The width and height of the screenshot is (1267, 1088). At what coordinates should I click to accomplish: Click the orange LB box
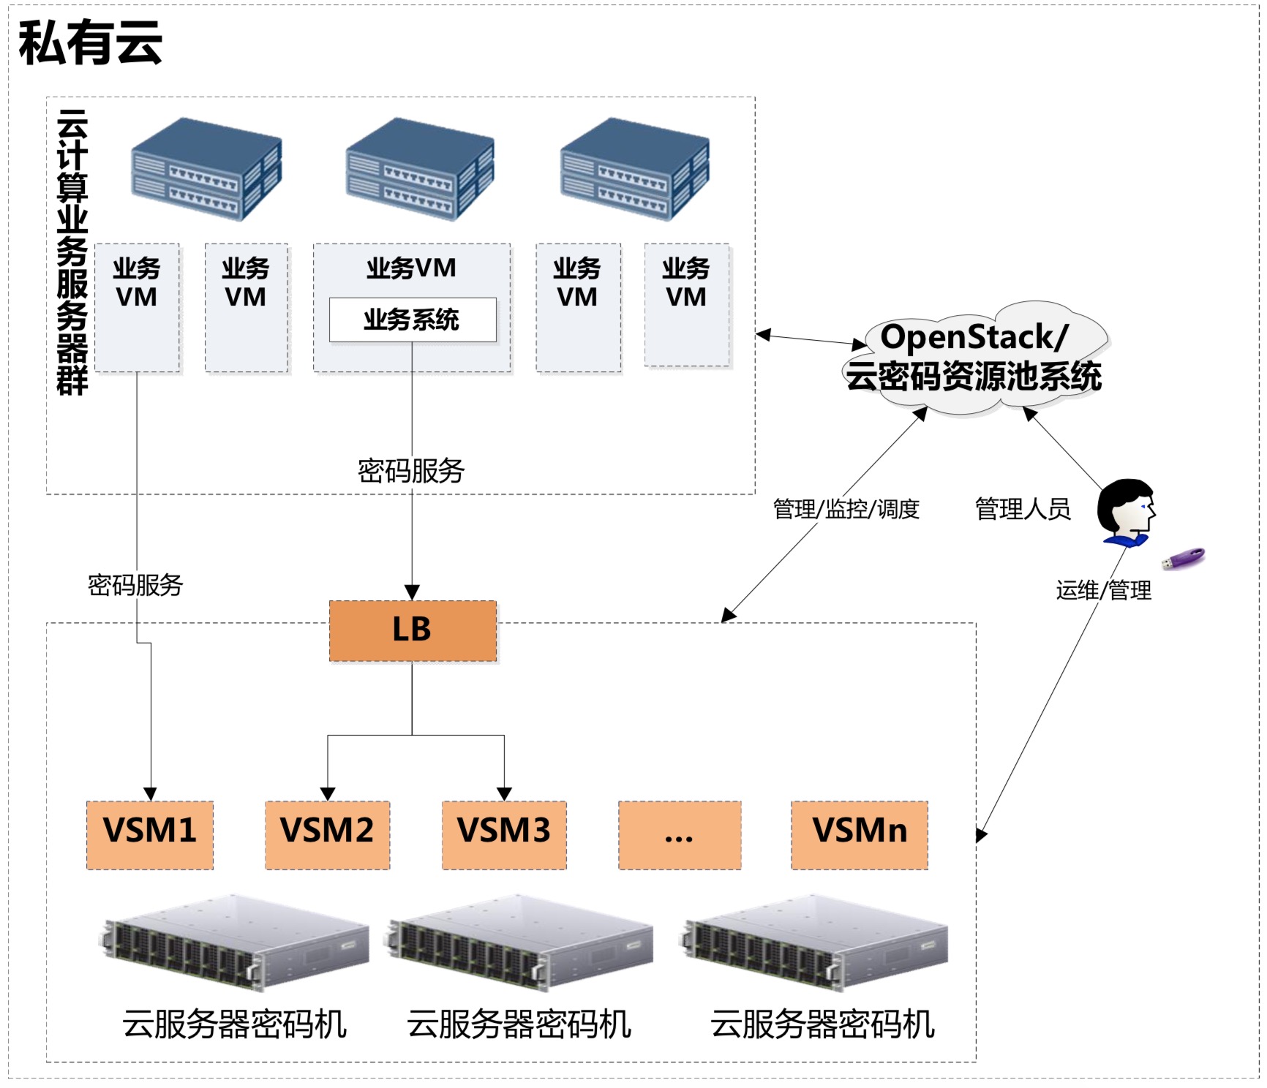(x=413, y=631)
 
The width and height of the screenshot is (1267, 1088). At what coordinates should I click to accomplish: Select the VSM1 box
(x=150, y=835)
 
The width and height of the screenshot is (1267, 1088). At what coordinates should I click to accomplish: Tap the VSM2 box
(x=327, y=835)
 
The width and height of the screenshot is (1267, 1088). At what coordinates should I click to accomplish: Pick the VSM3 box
(x=504, y=835)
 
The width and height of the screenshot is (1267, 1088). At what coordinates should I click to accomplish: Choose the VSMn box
(x=860, y=835)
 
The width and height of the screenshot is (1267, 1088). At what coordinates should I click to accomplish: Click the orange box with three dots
(x=680, y=835)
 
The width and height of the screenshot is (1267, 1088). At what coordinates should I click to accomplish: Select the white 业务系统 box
(x=413, y=320)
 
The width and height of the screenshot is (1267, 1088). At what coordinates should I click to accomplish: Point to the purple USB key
(x=1184, y=559)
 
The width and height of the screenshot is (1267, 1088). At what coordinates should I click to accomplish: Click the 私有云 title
(x=90, y=42)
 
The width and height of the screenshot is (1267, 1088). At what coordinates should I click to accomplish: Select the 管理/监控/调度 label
(x=846, y=509)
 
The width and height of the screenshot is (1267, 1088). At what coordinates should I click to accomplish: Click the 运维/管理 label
(x=1103, y=590)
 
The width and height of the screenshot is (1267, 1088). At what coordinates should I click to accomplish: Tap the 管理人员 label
(x=1023, y=509)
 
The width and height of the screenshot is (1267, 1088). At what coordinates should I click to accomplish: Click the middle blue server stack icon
(x=420, y=170)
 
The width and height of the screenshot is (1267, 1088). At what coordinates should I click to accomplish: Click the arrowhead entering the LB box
(x=413, y=592)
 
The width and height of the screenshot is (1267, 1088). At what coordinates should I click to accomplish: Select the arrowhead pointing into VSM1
(x=150, y=794)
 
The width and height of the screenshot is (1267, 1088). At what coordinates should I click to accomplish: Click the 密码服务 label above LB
(x=411, y=471)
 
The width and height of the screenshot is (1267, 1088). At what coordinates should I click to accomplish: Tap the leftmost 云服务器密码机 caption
(x=234, y=1024)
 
